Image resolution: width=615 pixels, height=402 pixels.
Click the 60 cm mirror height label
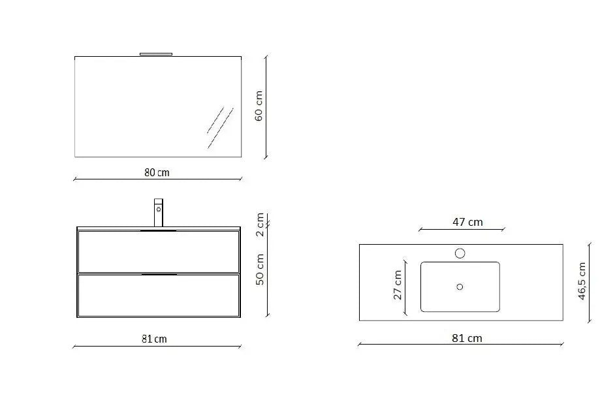click(259, 106)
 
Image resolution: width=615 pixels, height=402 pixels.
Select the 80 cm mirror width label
click(157, 173)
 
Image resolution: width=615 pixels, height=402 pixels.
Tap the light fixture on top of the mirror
click(157, 54)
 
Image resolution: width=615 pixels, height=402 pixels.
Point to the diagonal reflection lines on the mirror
click(220, 127)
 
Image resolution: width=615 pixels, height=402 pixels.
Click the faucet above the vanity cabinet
click(158, 213)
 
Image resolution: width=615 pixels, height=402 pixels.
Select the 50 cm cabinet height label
click(259, 269)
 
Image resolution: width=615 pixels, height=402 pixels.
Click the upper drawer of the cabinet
click(159, 252)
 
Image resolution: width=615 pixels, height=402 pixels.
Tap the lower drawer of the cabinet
click(159, 296)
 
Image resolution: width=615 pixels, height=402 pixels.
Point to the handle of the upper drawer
click(159, 231)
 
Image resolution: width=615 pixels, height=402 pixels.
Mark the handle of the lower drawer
click(159, 275)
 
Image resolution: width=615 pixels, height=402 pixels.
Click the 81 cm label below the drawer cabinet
click(155, 339)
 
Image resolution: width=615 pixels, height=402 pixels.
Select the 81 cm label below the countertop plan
click(467, 338)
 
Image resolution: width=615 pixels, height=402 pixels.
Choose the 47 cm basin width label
click(467, 222)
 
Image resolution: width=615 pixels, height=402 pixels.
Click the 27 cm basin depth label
click(398, 285)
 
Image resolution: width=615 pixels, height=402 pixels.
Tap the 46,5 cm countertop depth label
click(582, 281)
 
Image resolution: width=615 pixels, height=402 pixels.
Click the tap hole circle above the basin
click(460, 253)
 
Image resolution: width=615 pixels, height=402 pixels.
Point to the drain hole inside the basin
click(460, 286)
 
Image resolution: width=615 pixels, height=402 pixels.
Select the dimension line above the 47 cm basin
click(462, 230)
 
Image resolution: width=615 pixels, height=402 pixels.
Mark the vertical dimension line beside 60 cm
click(266, 107)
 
